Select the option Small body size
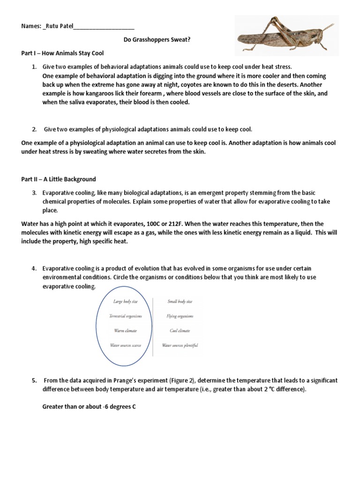click(x=180, y=301)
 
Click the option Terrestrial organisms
click(x=125, y=316)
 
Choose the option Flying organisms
click(x=180, y=316)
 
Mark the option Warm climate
click(x=125, y=330)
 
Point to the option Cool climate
click(x=180, y=330)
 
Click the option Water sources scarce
click(x=125, y=345)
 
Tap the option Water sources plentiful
click(x=180, y=345)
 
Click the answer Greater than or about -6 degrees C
click(x=89, y=407)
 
